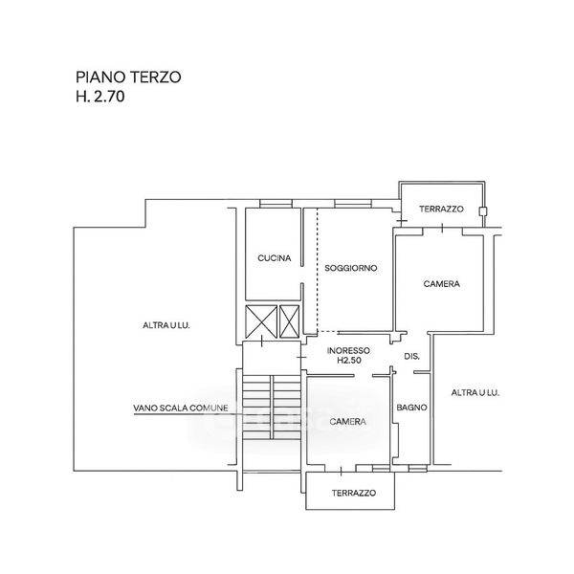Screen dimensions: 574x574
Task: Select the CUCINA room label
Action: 275,258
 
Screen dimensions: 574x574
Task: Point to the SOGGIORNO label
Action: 351,268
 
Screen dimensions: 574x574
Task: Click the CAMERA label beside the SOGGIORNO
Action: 442,284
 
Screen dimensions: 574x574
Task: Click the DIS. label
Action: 412,357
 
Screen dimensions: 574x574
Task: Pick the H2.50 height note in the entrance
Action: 348,362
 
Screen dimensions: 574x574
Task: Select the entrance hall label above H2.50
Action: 348,350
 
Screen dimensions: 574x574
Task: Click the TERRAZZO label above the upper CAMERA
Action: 441,210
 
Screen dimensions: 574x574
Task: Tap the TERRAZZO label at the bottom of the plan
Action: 354,494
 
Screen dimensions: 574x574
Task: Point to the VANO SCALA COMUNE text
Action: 181,408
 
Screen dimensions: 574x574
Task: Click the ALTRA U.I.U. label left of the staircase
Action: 166,325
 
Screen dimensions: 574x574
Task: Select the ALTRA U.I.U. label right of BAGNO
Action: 476,392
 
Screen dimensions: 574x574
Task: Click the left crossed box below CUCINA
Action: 258,321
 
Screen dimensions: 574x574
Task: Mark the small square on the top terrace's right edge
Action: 484,210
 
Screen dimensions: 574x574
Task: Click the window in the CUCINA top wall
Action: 275,203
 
